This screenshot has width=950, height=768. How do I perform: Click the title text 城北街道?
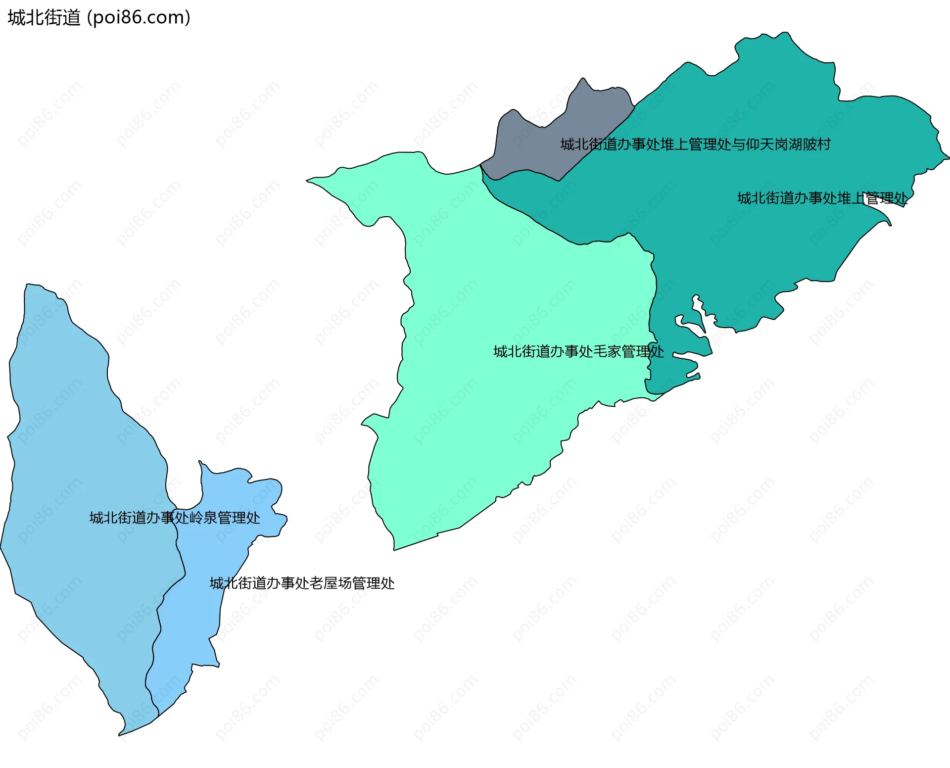point(44,18)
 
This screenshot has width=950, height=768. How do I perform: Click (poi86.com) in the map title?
point(139,18)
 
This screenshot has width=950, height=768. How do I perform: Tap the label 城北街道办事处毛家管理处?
point(578,351)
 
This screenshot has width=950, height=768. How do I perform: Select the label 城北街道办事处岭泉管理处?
point(174,518)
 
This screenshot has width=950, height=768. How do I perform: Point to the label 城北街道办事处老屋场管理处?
point(302,583)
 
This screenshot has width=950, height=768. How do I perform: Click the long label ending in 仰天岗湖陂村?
point(695,144)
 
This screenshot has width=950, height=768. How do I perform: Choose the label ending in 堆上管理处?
point(822,198)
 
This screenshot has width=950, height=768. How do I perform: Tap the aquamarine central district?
point(495,396)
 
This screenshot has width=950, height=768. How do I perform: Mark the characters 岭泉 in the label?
point(203,518)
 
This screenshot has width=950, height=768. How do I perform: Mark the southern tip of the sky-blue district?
point(121,733)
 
